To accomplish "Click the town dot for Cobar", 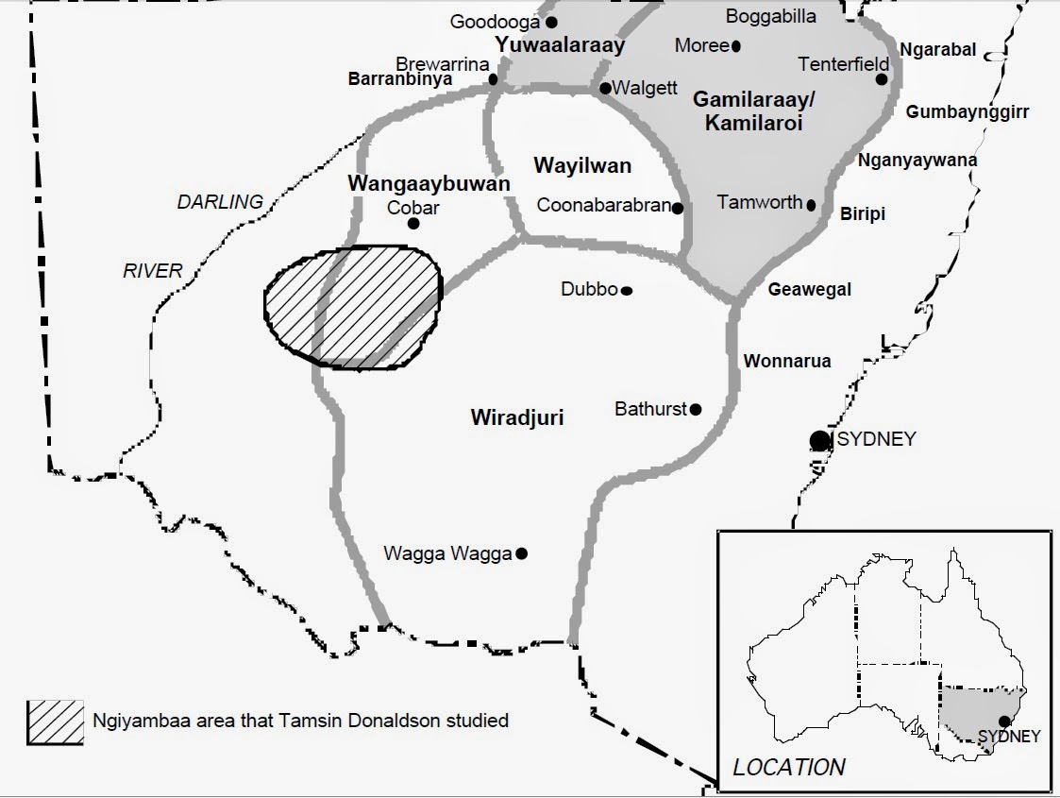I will tap(412, 224).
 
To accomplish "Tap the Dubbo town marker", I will tap(626, 291).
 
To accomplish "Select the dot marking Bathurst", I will tap(696, 409).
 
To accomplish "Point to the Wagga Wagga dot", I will tap(521, 553).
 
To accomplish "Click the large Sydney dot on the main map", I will tap(819, 440).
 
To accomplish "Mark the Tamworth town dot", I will tap(811, 204).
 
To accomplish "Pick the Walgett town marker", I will tap(605, 88).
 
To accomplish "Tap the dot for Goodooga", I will tap(551, 22).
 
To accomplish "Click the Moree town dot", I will tap(736, 45).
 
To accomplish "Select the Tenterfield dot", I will tap(881, 79).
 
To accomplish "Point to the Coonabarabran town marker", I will tap(678, 208).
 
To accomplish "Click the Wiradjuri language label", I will tap(516, 416).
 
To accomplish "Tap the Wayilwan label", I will tap(582, 166).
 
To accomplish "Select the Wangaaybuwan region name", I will tap(429, 183).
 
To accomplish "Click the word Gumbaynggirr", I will tap(967, 112).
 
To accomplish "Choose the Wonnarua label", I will tap(787, 361).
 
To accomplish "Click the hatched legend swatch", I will tap(56, 722).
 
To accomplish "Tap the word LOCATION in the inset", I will tap(790, 767).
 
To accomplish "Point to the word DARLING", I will tap(220, 201).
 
